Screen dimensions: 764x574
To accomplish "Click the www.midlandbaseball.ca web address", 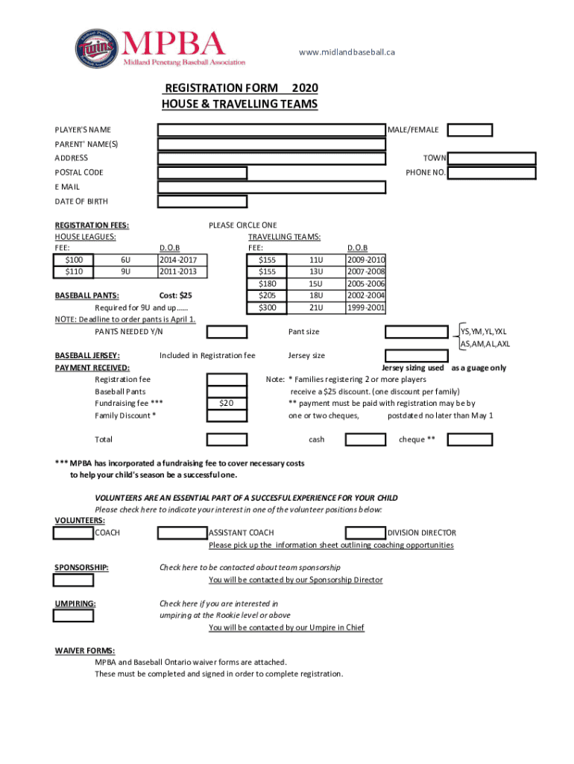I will click(x=347, y=52).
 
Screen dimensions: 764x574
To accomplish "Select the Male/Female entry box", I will click(x=470, y=130).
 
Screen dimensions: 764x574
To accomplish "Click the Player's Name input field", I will click(x=271, y=130).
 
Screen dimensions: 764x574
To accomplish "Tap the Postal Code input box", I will click(x=202, y=173).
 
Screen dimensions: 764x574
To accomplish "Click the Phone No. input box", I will click(x=492, y=173).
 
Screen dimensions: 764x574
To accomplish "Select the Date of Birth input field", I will click(x=202, y=201).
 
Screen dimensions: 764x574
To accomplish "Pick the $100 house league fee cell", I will click(x=74, y=260).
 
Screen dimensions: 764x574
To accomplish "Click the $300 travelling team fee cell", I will click(x=267, y=307).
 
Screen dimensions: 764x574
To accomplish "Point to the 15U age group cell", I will click(x=315, y=284).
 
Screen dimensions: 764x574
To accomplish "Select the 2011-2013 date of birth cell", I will click(x=182, y=272).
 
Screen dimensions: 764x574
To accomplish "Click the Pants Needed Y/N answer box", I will click(x=227, y=332).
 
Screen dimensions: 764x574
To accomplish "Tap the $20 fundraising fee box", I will click(x=227, y=404).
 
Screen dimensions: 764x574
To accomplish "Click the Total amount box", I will click(x=227, y=439).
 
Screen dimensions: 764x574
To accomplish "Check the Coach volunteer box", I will click(x=73, y=533).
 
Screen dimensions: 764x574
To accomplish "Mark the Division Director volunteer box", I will click(x=365, y=533).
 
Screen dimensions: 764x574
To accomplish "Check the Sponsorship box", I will click(x=73, y=580).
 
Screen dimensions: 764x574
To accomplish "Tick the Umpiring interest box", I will click(x=73, y=616).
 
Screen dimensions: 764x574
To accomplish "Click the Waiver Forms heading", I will click(x=83, y=651).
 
